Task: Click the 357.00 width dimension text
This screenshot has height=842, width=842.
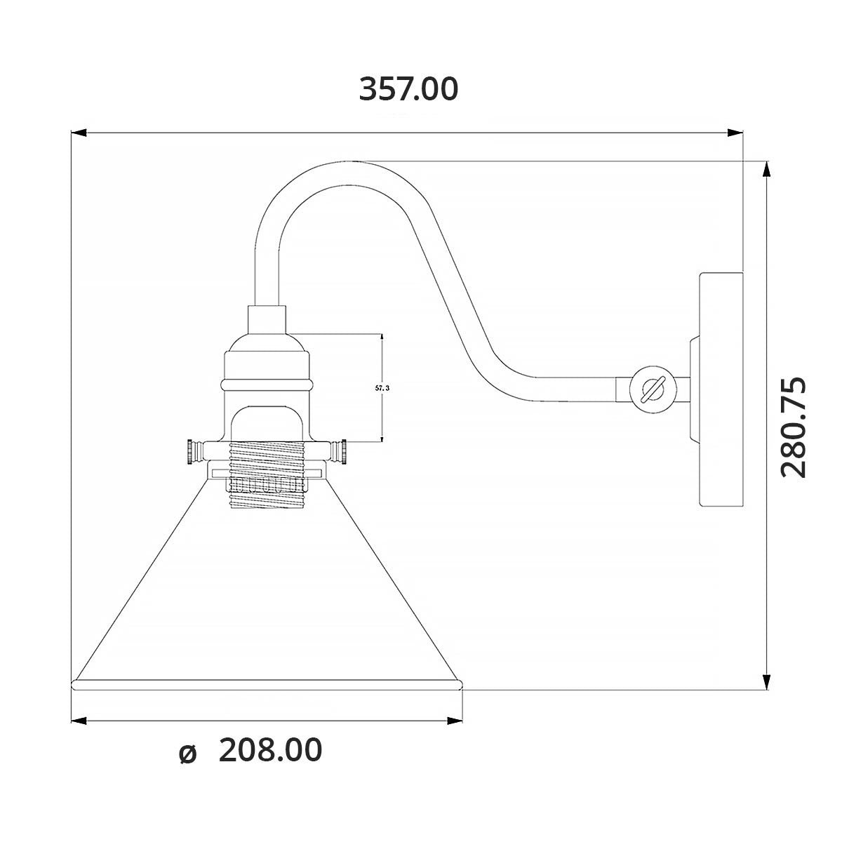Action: click(x=408, y=89)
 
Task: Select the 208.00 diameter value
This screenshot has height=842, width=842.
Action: click(x=270, y=750)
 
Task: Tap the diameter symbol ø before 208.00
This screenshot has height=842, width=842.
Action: click(x=187, y=753)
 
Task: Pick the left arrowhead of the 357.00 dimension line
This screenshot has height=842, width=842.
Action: click(x=79, y=132)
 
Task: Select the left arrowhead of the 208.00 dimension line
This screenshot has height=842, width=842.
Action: click(x=79, y=720)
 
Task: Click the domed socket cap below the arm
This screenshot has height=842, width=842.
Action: click(x=267, y=344)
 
